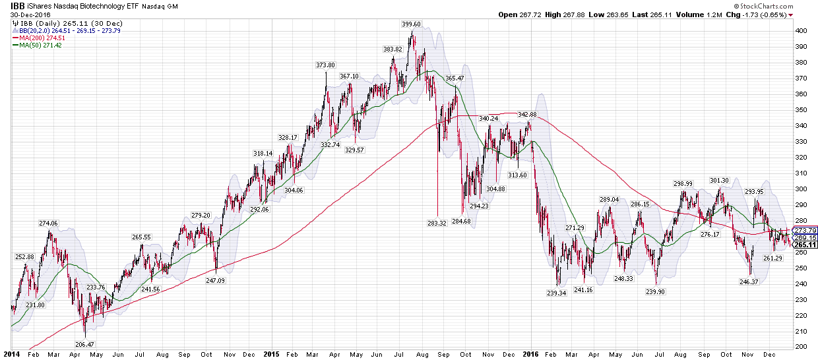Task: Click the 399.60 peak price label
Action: pyautogui.click(x=411, y=24)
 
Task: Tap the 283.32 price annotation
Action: pyautogui.click(x=437, y=224)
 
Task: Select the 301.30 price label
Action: pyautogui.click(x=719, y=180)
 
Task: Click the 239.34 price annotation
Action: pyautogui.click(x=557, y=293)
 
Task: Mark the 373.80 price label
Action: pyautogui.click(x=325, y=65)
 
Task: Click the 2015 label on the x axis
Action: pyautogui.click(x=272, y=354)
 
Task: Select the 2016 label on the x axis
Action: pyautogui.click(x=530, y=354)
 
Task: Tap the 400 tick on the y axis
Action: pyautogui.click(x=801, y=31)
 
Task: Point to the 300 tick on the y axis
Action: pyautogui.click(x=801, y=189)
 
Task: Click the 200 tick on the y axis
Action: pyautogui.click(x=801, y=347)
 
